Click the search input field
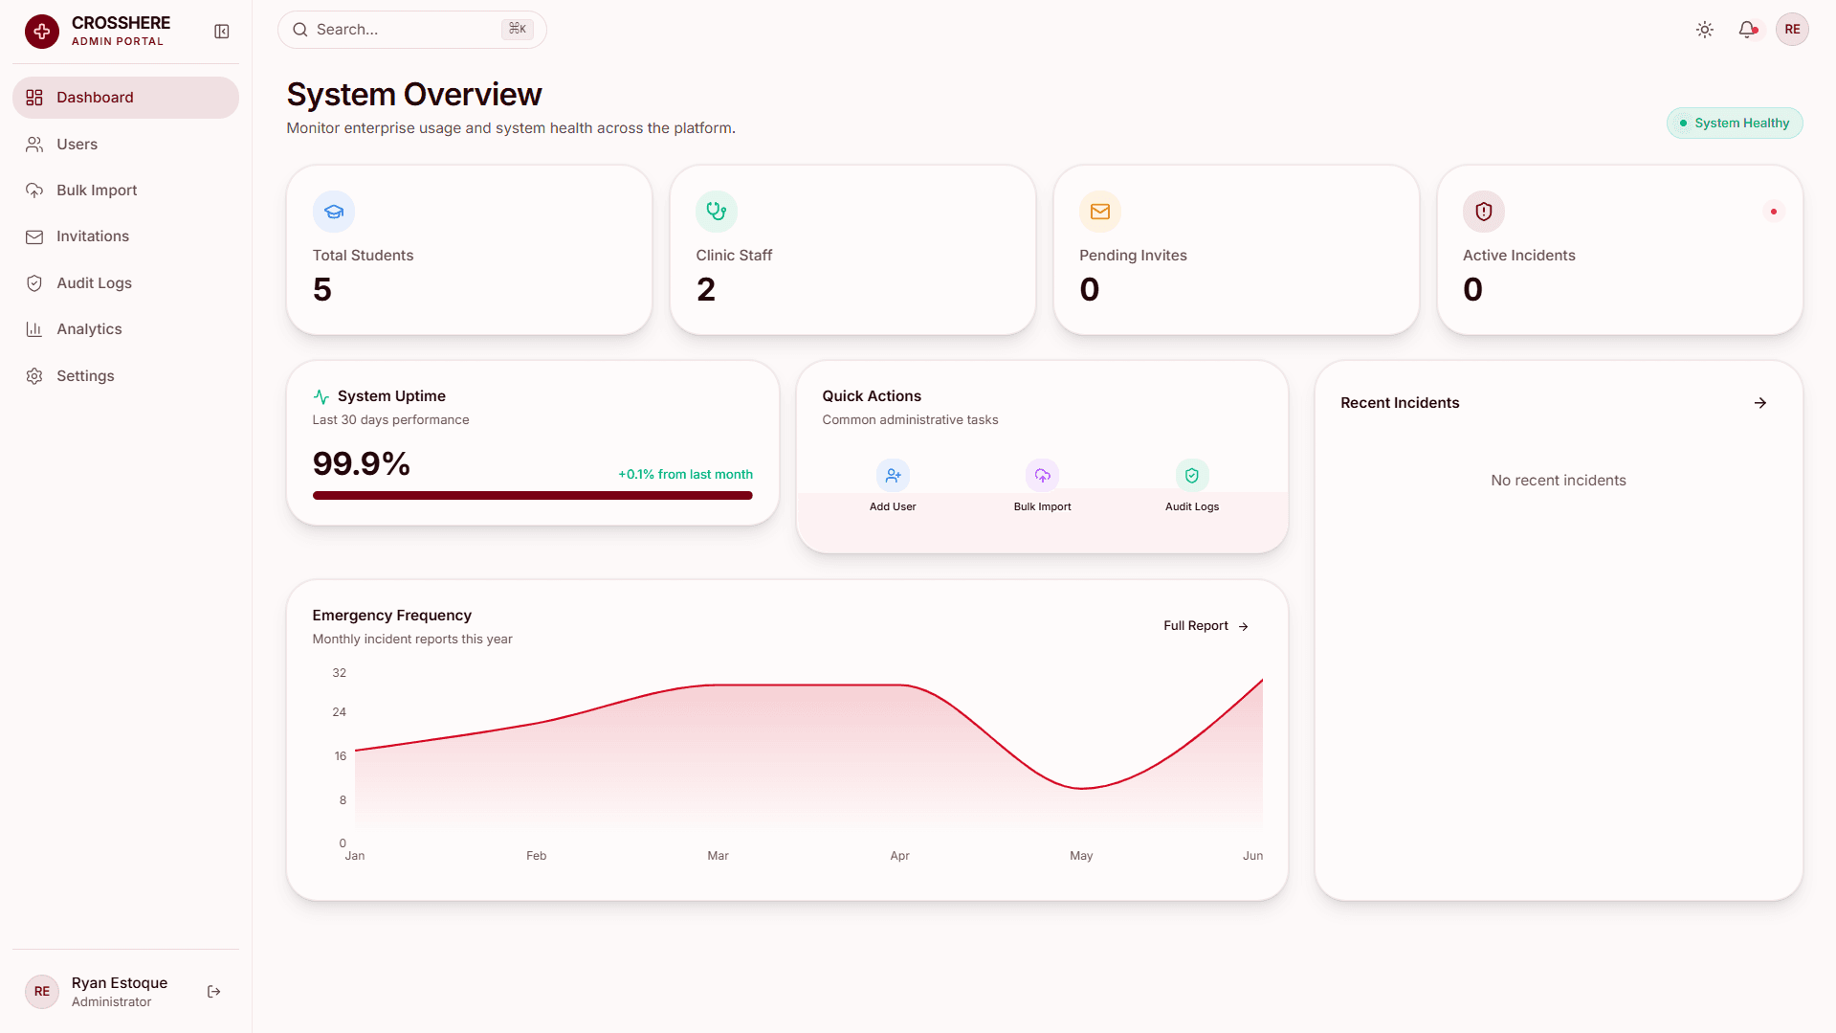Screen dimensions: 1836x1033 (411, 30)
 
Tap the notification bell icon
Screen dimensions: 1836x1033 (1747, 30)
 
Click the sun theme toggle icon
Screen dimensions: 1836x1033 (1705, 30)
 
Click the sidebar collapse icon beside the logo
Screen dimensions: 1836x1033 (222, 32)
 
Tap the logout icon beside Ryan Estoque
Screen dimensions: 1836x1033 (214, 992)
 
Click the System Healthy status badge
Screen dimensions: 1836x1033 (1735, 124)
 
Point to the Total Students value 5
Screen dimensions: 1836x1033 (322, 289)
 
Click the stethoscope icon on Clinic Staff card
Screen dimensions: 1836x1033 (717, 212)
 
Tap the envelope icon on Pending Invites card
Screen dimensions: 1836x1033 (1100, 212)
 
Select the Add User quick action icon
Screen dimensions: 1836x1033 (893, 475)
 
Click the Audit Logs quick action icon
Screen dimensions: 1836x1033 (1192, 475)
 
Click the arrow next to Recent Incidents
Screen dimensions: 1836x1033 (1760, 403)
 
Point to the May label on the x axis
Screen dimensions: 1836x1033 (1081, 856)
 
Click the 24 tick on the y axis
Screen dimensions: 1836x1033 (340, 712)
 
